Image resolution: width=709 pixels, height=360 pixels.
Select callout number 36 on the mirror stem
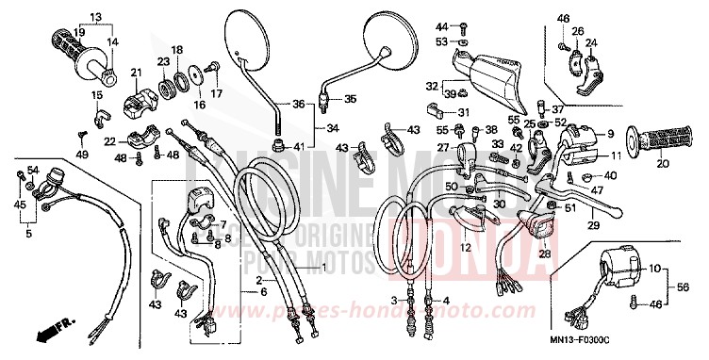[x=298, y=104]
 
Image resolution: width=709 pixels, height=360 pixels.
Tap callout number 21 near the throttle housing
[x=135, y=74]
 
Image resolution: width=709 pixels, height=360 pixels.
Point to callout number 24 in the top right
[x=591, y=41]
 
